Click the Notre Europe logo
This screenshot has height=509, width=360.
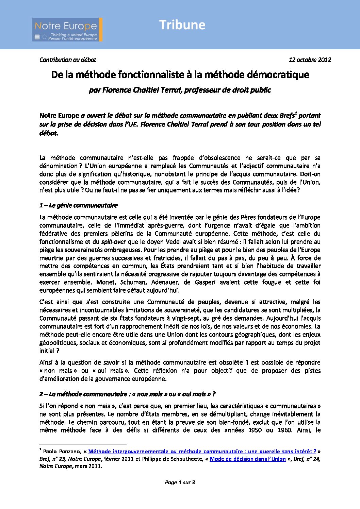(67, 30)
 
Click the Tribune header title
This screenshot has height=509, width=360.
(182, 25)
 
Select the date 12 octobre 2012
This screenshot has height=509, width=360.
(310, 60)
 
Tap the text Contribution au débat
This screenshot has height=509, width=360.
(68, 60)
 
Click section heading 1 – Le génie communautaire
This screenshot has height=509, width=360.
(78, 205)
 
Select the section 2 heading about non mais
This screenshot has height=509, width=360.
(127, 394)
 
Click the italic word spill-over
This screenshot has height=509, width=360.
(114, 242)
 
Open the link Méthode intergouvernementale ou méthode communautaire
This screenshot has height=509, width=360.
(202, 452)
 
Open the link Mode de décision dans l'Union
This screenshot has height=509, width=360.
(247, 459)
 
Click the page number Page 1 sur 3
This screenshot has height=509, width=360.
(180, 482)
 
